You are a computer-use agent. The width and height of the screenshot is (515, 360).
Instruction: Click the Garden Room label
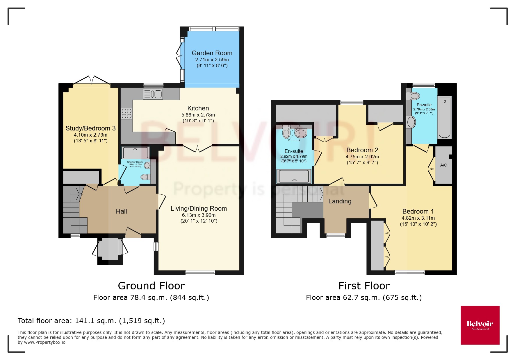pyautogui.click(x=212, y=53)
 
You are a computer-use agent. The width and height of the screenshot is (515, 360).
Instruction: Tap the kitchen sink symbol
pyautogui.click(x=153, y=94)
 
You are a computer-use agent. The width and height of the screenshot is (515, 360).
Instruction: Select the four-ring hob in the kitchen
pyautogui.click(x=126, y=113)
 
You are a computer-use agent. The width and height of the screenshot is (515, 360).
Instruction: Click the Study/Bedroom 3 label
pyautogui.click(x=90, y=128)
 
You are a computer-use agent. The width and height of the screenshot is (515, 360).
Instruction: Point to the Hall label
pyautogui.click(x=121, y=211)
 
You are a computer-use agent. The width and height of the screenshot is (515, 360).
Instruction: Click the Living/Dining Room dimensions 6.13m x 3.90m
pyautogui.click(x=199, y=215)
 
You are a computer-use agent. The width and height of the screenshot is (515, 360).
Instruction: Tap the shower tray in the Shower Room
pyautogui.click(x=136, y=153)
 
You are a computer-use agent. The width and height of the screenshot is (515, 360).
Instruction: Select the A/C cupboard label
pyautogui.click(x=443, y=165)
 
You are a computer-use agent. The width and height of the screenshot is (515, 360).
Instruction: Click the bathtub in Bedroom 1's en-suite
pyautogui.click(x=444, y=118)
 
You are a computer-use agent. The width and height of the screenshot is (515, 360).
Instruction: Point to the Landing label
pyautogui.click(x=340, y=201)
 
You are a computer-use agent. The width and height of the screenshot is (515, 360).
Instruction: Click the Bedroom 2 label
pyautogui.click(x=362, y=150)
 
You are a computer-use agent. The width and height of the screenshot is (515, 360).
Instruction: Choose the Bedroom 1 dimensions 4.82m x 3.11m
pyautogui.click(x=418, y=218)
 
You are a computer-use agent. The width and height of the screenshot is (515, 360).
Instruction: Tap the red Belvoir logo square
pyautogui.click(x=480, y=325)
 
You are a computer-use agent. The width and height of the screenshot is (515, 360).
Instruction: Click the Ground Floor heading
pyautogui.click(x=151, y=286)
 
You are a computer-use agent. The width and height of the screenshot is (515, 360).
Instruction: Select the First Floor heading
pyautogui.click(x=364, y=286)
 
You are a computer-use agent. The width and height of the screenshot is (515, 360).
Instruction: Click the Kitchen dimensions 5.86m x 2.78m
pyautogui.click(x=198, y=115)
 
